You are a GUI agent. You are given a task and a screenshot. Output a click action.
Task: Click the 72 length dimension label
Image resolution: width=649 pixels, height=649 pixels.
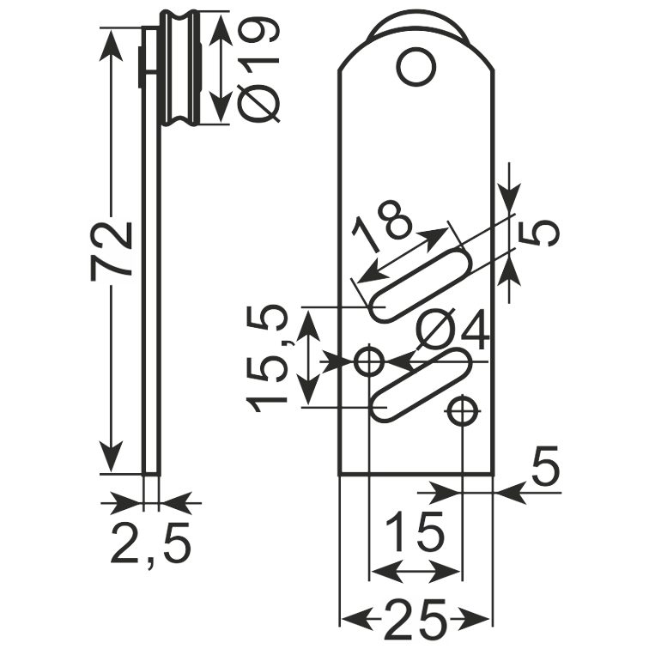[x=112, y=251]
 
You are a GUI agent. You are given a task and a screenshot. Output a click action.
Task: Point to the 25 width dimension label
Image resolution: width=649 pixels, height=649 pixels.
[x=416, y=619]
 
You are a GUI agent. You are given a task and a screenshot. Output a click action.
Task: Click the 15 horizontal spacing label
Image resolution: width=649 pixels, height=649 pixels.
[x=415, y=531]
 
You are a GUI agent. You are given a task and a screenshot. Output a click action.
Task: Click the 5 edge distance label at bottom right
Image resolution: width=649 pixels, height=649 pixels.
[x=545, y=465]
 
